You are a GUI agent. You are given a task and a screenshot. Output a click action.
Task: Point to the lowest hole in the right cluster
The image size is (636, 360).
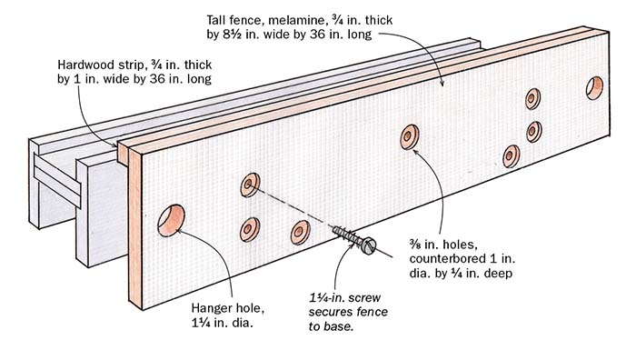510,155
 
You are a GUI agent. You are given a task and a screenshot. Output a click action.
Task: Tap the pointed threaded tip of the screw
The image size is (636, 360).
334,230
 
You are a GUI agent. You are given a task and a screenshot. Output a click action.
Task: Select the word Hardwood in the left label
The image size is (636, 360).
80,65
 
